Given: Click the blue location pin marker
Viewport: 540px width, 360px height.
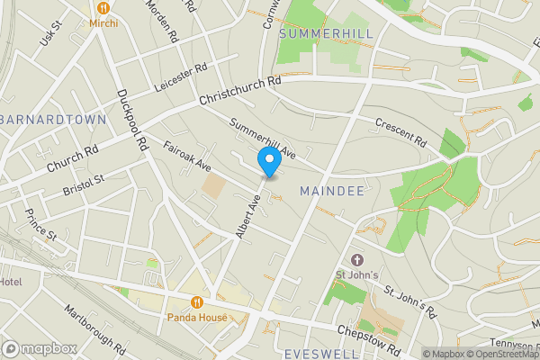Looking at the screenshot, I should pyautogui.click(x=268, y=162).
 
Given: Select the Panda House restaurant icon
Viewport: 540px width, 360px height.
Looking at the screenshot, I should pyautogui.click(x=196, y=302).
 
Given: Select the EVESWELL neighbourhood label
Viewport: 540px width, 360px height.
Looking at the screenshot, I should pyautogui.click(x=321, y=354).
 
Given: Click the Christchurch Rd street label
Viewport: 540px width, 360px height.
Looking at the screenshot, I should pyautogui.click(x=240, y=94).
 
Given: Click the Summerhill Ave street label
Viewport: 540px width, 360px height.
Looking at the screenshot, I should pyautogui.click(x=262, y=139).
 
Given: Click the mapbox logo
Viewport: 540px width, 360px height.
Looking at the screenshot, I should pyautogui.click(x=40, y=348).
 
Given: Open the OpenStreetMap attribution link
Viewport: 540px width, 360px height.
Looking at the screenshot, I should pyautogui.click(x=494, y=354).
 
